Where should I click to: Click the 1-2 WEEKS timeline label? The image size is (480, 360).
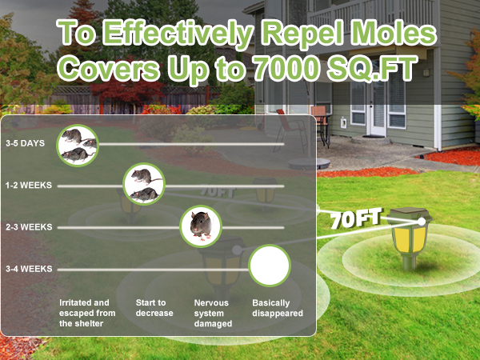point(29,186)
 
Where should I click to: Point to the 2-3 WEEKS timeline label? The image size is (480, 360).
point(29,227)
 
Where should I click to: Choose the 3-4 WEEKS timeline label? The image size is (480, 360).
point(29,269)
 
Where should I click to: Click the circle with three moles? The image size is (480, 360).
point(78,144)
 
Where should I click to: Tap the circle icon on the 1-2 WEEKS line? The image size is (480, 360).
point(143,186)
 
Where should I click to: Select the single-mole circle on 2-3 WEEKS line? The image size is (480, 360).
point(201,227)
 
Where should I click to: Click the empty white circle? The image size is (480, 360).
point(269,266)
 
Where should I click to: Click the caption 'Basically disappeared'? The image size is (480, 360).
point(277,308)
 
